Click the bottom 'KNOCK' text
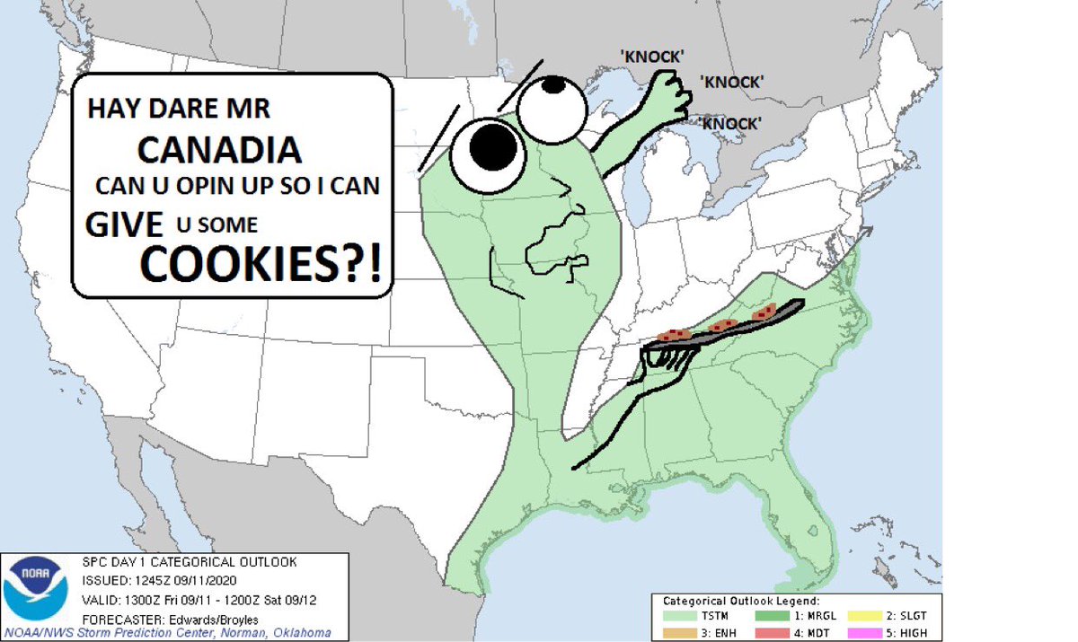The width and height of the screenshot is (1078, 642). [729, 123]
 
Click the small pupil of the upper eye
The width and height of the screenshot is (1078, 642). [554, 85]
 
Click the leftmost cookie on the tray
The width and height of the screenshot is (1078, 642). [673, 335]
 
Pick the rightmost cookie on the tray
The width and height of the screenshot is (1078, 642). [766, 312]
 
